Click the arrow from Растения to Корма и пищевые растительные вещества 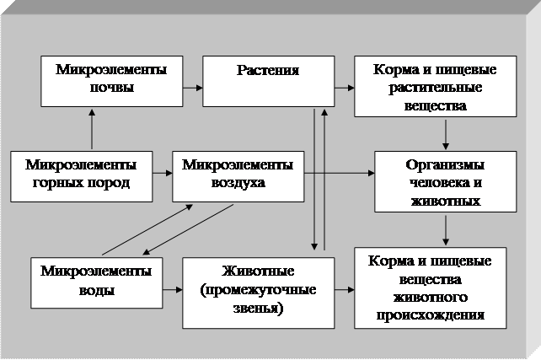(x=344, y=86)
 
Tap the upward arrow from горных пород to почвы (x=91, y=132)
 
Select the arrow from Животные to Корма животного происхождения (x=344, y=290)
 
